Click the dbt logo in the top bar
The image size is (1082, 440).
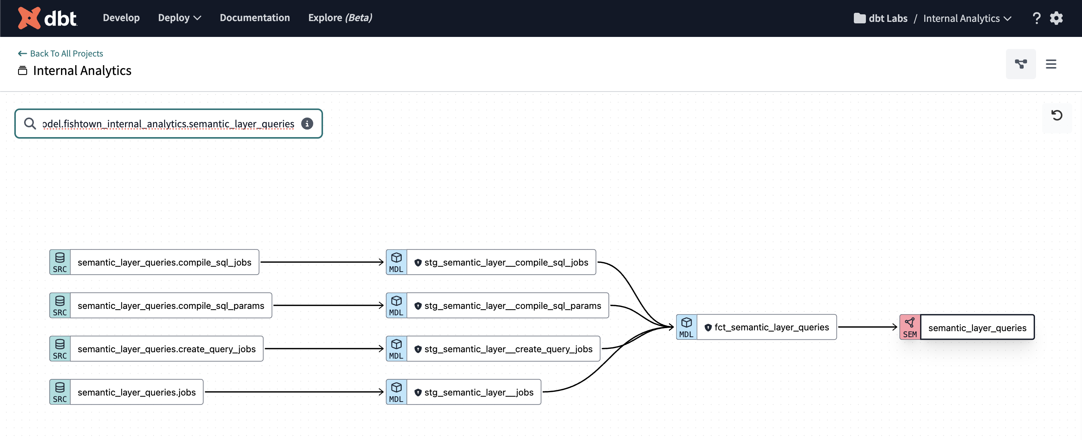47,18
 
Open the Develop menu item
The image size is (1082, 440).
121,18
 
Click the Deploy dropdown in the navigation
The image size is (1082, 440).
179,18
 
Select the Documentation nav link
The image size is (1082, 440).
254,18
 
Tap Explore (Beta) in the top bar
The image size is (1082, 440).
340,18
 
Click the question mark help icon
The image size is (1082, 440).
1036,18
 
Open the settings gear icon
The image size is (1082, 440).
1056,18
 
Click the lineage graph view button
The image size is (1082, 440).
1020,64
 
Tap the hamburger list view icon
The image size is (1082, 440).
1050,64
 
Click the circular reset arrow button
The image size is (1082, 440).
1056,115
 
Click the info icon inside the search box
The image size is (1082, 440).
307,124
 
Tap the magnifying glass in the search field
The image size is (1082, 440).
30,124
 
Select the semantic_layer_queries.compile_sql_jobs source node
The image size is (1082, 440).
164,262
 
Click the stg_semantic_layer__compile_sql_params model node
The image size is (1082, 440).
512,306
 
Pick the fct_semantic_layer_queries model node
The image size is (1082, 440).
771,327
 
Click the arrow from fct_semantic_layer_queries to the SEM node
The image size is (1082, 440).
867,327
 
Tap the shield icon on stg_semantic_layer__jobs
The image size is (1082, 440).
418,393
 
